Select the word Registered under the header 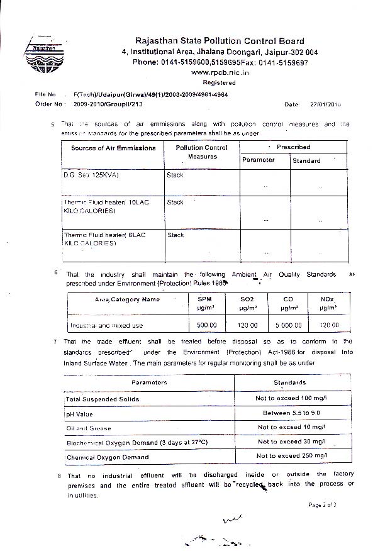[x=219, y=82]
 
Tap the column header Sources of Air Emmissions [x=113, y=148]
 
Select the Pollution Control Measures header [x=202, y=152]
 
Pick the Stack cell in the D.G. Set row [x=175, y=175]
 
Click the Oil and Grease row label [x=89, y=428]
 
